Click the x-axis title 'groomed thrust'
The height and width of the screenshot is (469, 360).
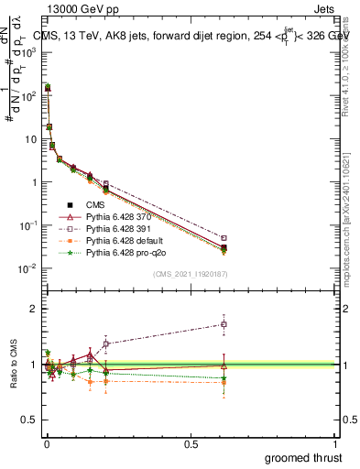click(303, 456)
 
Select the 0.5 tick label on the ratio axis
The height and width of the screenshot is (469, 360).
click(29, 420)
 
